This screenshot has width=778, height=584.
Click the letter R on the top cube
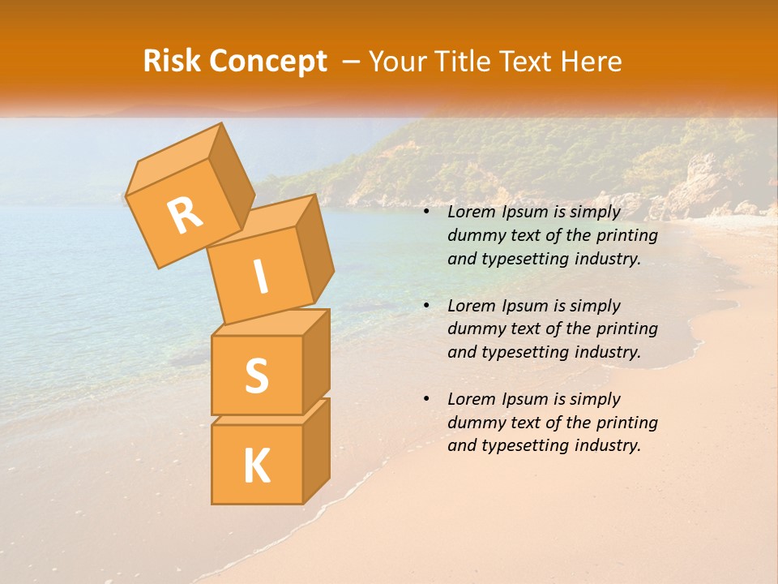tap(186, 215)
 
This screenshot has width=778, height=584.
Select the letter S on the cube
tap(256, 376)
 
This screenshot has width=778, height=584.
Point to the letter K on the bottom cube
tap(256, 466)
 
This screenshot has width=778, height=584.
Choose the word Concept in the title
tap(268, 62)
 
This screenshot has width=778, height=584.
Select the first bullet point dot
tap(426, 213)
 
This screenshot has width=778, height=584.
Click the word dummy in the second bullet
tap(474, 329)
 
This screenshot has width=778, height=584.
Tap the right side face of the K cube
tap(316, 450)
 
